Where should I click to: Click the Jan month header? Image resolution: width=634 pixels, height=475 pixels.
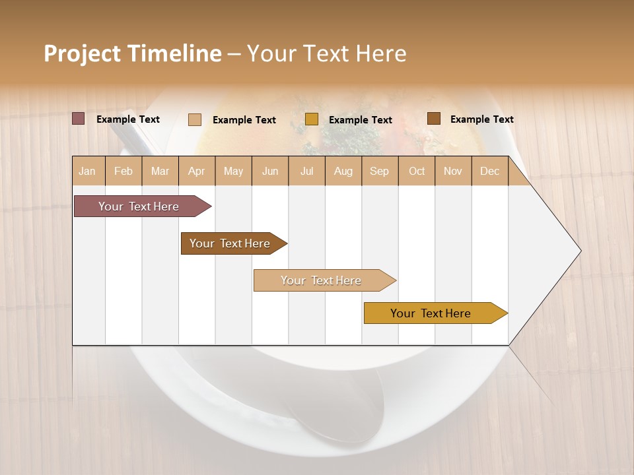click(x=87, y=171)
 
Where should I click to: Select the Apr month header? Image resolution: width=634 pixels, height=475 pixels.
click(x=196, y=171)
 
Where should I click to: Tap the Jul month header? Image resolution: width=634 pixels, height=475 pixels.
click(x=306, y=171)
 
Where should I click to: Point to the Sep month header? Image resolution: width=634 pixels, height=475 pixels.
click(x=379, y=171)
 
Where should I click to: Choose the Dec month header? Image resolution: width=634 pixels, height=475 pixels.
click(x=489, y=171)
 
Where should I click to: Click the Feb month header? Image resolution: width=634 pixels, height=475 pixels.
click(x=123, y=171)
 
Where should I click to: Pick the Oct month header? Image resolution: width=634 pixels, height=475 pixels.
click(x=417, y=171)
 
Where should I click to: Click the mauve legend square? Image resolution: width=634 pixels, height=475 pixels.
click(x=78, y=119)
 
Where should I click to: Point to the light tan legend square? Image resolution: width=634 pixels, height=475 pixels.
click(x=195, y=119)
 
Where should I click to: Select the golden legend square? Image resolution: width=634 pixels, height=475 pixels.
click(x=312, y=119)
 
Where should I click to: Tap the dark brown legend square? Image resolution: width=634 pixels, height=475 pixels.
click(x=433, y=119)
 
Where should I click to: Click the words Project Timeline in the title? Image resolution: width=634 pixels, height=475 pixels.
click(x=133, y=53)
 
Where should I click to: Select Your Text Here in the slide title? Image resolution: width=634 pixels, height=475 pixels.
click(x=326, y=53)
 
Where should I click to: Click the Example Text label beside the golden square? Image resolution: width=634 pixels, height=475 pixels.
click(x=360, y=120)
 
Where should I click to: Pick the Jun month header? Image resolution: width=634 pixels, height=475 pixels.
click(x=270, y=171)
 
